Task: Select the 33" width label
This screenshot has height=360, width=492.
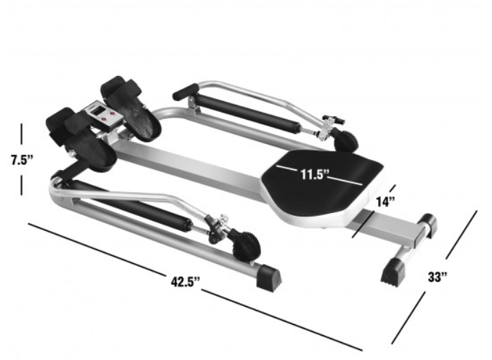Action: [437, 276]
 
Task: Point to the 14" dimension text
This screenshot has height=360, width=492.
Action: [385, 202]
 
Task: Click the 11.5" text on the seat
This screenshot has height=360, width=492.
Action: [313, 173]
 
